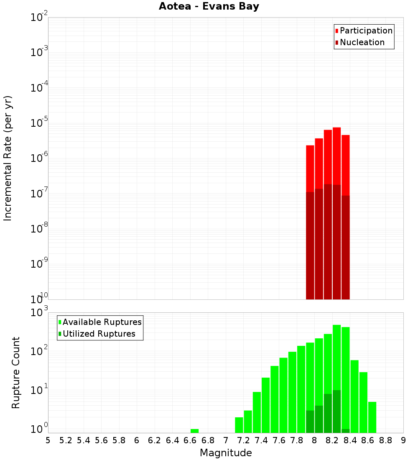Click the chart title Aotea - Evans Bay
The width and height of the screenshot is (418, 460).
pos(209,7)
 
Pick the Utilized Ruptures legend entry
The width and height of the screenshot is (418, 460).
pos(99,334)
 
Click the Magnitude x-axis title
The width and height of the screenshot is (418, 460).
pos(226,453)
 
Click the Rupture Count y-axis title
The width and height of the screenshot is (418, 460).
pos(16,372)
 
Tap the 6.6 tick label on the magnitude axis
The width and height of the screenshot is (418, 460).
pos(190,440)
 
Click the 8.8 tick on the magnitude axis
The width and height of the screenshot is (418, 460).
pos(385,440)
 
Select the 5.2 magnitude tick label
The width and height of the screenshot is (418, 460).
pos(66,440)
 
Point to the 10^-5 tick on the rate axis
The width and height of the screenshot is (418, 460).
pos(40,124)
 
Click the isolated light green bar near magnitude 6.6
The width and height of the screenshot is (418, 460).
pos(194,431)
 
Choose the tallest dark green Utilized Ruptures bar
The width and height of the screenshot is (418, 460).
pos(336,411)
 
